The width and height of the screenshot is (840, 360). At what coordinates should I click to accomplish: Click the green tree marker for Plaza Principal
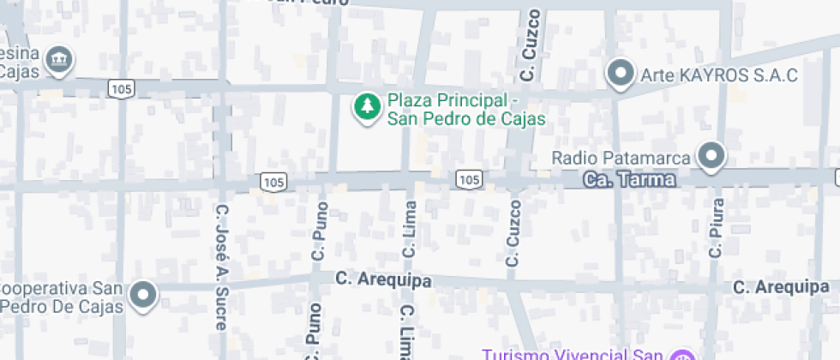[x=368, y=107]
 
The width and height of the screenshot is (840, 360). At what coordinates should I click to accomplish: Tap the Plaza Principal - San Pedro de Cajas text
[x=466, y=110]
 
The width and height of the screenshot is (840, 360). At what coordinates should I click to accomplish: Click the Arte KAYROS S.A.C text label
[x=719, y=75]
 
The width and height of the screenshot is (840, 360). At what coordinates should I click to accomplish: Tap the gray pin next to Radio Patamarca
[x=711, y=156]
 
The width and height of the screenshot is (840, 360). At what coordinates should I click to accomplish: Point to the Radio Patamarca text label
[x=621, y=158]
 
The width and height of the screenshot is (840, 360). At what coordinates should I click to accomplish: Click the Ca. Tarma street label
[x=629, y=181]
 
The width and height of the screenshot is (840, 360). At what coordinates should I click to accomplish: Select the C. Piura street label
[x=717, y=228]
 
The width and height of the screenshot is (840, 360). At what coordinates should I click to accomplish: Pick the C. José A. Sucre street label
[x=221, y=266]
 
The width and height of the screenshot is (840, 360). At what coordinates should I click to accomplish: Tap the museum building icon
[x=59, y=59]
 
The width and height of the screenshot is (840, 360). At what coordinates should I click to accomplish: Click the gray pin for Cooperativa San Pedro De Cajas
[x=143, y=296]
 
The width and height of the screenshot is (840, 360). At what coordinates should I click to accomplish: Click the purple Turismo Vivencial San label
[x=573, y=354]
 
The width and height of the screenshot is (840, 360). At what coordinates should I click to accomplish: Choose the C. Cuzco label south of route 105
[x=513, y=233]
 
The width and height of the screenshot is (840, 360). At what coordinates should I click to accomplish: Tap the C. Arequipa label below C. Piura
[x=781, y=286]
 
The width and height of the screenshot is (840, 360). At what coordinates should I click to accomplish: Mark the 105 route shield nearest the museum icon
[x=119, y=88]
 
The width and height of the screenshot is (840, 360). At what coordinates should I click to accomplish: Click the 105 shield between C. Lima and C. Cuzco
[x=468, y=179]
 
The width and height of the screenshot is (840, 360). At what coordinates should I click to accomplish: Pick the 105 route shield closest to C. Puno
[x=273, y=182]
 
